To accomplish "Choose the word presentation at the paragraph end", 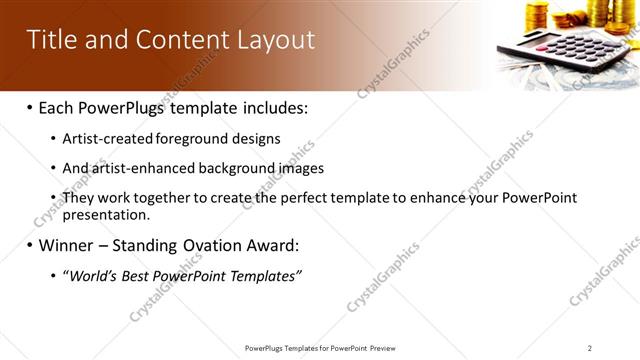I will click(x=105, y=214).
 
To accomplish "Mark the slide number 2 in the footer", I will click(x=590, y=348).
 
